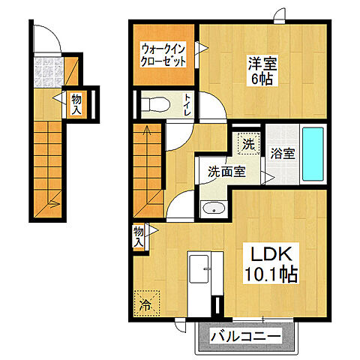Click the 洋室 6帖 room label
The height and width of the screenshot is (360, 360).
(262, 70)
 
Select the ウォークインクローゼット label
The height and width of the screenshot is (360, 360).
(163, 55)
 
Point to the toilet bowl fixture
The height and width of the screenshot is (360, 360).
(155, 105)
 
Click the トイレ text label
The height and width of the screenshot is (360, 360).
(187, 104)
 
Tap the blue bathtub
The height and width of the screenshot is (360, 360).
(313, 154)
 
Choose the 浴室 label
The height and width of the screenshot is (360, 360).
(283, 153)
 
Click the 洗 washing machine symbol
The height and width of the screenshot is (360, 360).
(248, 143)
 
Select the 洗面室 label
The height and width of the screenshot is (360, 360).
(227, 171)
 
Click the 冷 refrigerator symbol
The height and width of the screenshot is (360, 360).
(146, 303)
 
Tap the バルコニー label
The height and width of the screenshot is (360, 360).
(245, 337)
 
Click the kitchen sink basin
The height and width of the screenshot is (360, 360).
(199, 269)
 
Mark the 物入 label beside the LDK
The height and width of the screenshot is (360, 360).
(138, 237)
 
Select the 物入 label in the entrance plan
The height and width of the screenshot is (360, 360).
(76, 104)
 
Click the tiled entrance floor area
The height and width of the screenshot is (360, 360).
(48, 72)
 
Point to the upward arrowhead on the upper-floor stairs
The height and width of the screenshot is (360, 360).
(147, 130)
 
